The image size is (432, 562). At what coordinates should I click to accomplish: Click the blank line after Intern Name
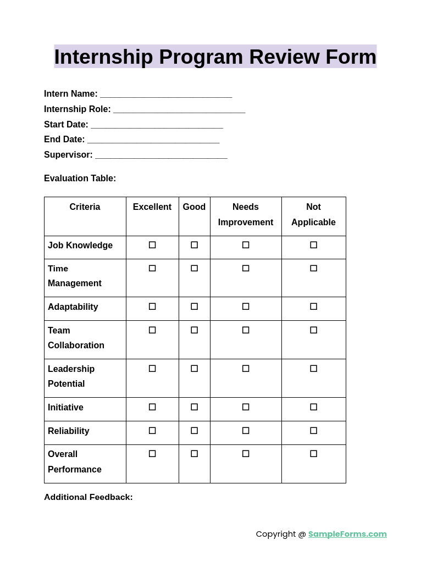click(166, 94)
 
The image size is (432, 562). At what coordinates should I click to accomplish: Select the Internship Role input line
click(179, 110)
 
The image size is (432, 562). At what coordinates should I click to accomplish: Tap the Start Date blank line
click(157, 125)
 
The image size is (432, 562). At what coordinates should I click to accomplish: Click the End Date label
click(64, 140)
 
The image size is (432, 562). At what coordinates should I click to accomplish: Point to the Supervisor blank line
click(161, 155)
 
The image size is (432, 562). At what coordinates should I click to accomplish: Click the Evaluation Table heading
click(80, 179)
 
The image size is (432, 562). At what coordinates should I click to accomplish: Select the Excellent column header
click(152, 207)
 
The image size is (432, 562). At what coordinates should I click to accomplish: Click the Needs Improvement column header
click(246, 215)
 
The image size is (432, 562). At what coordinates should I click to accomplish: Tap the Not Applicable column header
click(313, 215)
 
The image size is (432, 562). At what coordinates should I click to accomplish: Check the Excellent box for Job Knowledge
click(152, 245)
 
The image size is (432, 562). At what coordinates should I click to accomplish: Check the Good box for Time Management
click(194, 268)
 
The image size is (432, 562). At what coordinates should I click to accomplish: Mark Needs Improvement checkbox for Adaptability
click(246, 307)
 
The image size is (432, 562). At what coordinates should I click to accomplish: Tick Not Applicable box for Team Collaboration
click(313, 330)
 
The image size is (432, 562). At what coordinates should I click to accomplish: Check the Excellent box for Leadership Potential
click(152, 369)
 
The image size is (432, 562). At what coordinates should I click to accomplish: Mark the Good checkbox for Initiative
click(194, 407)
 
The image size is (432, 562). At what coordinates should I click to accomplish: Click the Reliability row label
click(69, 431)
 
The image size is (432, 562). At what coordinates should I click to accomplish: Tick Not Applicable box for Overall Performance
click(313, 454)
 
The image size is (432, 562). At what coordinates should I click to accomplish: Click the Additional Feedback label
click(88, 497)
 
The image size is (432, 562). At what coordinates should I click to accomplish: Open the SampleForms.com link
click(347, 534)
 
